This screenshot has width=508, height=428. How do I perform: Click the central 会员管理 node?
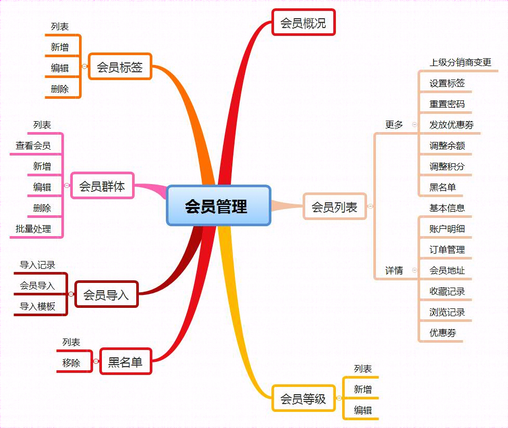(218, 206)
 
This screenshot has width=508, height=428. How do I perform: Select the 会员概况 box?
(303, 22)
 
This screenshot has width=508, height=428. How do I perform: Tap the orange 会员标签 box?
(120, 67)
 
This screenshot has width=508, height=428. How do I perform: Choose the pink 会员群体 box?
(102, 186)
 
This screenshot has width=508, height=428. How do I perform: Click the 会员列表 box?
(334, 206)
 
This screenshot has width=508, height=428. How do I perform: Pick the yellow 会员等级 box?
(303, 398)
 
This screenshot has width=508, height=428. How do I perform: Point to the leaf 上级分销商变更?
(460, 62)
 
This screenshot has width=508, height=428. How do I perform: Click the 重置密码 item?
(447, 103)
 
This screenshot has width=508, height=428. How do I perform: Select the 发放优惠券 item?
(451, 124)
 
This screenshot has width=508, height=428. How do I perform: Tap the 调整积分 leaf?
(447, 166)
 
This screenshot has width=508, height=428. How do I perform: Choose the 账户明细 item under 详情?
(447, 229)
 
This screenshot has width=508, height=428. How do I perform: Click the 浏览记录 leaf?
(447, 312)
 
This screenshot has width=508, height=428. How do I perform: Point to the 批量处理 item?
(33, 229)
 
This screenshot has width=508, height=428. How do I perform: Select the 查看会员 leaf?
(33, 146)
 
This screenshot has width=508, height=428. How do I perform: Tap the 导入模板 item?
(37, 306)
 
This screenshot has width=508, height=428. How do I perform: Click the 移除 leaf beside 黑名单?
(71, 363)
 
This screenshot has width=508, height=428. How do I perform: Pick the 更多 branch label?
(394, 125)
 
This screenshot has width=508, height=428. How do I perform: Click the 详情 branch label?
(394, 270)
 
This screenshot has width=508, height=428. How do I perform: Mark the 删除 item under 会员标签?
(60, 88)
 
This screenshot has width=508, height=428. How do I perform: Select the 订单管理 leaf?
(447, 250)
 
